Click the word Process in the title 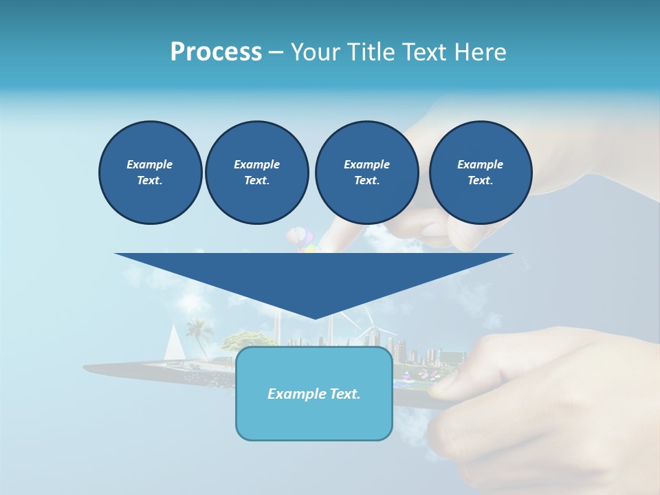(216, 52)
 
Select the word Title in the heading (371, 52)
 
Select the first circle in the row (150, 173)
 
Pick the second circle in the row (256, 173)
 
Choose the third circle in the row (366, 173)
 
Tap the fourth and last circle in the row (480, 173)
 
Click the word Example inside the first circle (150, 164)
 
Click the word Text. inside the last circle (480, 181)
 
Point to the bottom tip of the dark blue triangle (315, 318)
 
